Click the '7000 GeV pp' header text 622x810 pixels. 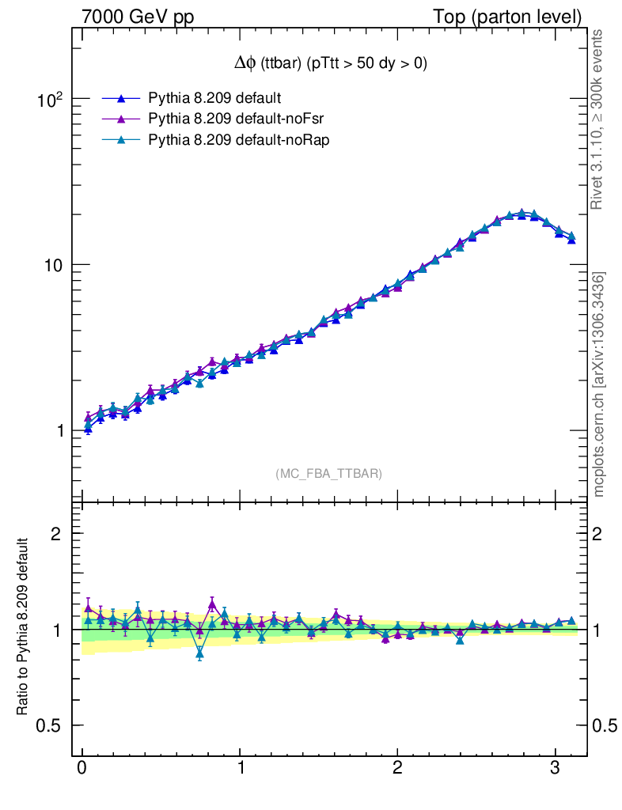coord(138,17)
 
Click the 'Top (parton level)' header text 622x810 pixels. coord(507,17)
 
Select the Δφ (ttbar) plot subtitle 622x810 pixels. coord(331,63)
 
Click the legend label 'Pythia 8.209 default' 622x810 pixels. coord(214,98)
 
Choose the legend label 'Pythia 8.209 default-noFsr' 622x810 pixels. coord(236,119)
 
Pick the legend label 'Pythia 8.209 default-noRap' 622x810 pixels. coord(239,140)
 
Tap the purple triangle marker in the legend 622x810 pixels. coord(121,119)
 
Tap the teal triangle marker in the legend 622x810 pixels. coord(121,139)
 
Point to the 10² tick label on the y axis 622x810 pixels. coord(50,99)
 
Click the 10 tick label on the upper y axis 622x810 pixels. coord(51,265)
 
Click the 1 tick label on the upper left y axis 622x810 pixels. coord(59,431)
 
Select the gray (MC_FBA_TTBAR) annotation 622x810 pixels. coord(329,474)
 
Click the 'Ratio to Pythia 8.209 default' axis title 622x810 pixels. coord(22,626)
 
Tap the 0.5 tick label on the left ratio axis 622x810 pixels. coord(48,725)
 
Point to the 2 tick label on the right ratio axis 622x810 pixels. coord(597,534)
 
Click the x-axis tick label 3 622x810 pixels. coord(555,767)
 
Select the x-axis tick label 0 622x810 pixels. coord(82,767)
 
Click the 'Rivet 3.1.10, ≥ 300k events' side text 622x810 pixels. coord(597,119)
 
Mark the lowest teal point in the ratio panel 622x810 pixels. coord(200,654)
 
